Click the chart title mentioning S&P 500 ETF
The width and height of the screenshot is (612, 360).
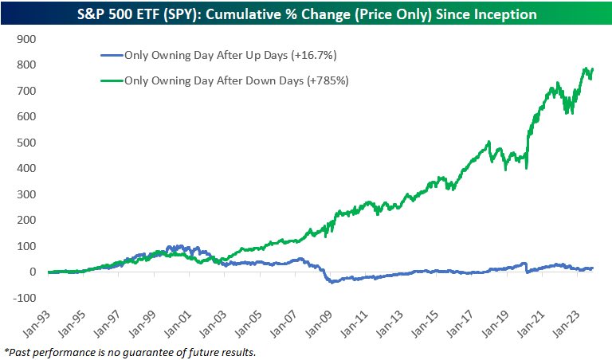[306, 14]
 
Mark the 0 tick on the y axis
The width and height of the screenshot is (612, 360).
[33, 272]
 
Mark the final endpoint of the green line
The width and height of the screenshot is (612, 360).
[593, 69]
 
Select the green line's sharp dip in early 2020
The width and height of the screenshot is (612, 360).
[527, 166]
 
